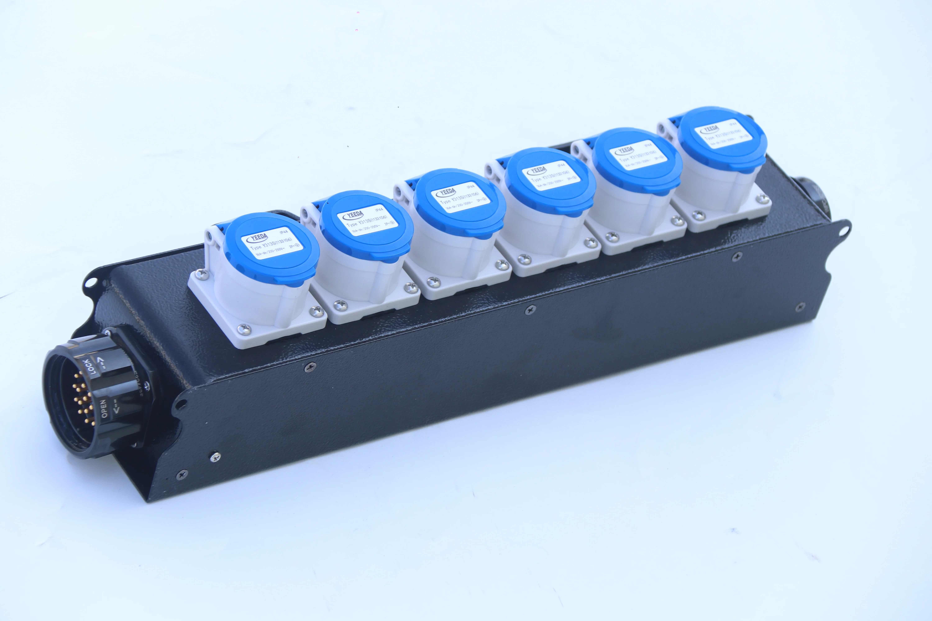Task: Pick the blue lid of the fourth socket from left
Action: [x=551, y=180]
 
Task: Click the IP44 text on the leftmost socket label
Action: [x=284, y=231]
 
